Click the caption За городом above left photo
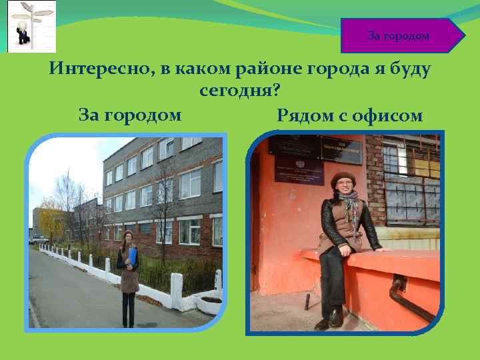130,115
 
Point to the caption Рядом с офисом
349,116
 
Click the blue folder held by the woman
133,257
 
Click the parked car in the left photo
39,239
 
